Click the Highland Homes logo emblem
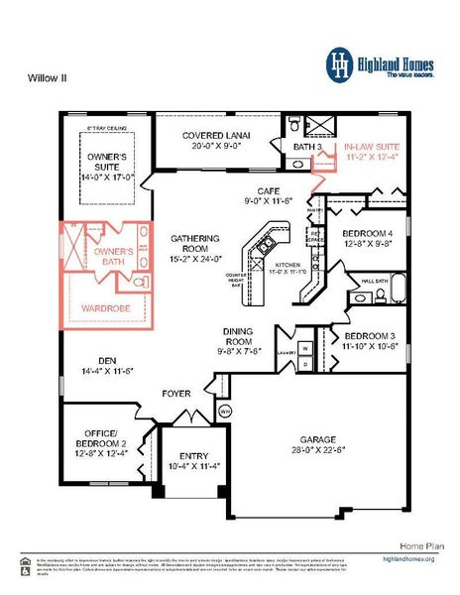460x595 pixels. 340,63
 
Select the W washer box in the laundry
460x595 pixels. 305,349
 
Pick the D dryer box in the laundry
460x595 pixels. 305,365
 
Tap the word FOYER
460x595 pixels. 176,394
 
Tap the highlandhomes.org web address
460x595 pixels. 408,559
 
